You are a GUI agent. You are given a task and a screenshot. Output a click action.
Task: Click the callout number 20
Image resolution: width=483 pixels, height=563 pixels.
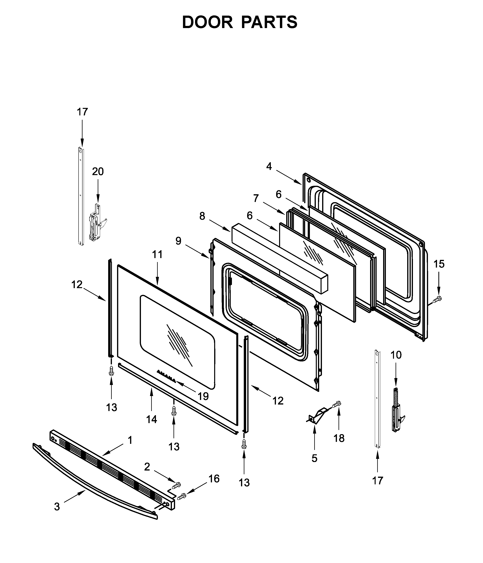point(98,172)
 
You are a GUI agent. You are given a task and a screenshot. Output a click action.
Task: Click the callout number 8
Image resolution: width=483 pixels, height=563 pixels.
point(202,216)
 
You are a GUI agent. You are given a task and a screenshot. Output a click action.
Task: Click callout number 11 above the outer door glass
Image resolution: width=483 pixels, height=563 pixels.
point(157,254)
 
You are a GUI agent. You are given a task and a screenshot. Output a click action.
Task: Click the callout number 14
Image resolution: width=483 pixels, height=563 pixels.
point(151,419)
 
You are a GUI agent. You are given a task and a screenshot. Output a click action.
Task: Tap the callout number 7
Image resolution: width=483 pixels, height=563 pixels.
point(256,198)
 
